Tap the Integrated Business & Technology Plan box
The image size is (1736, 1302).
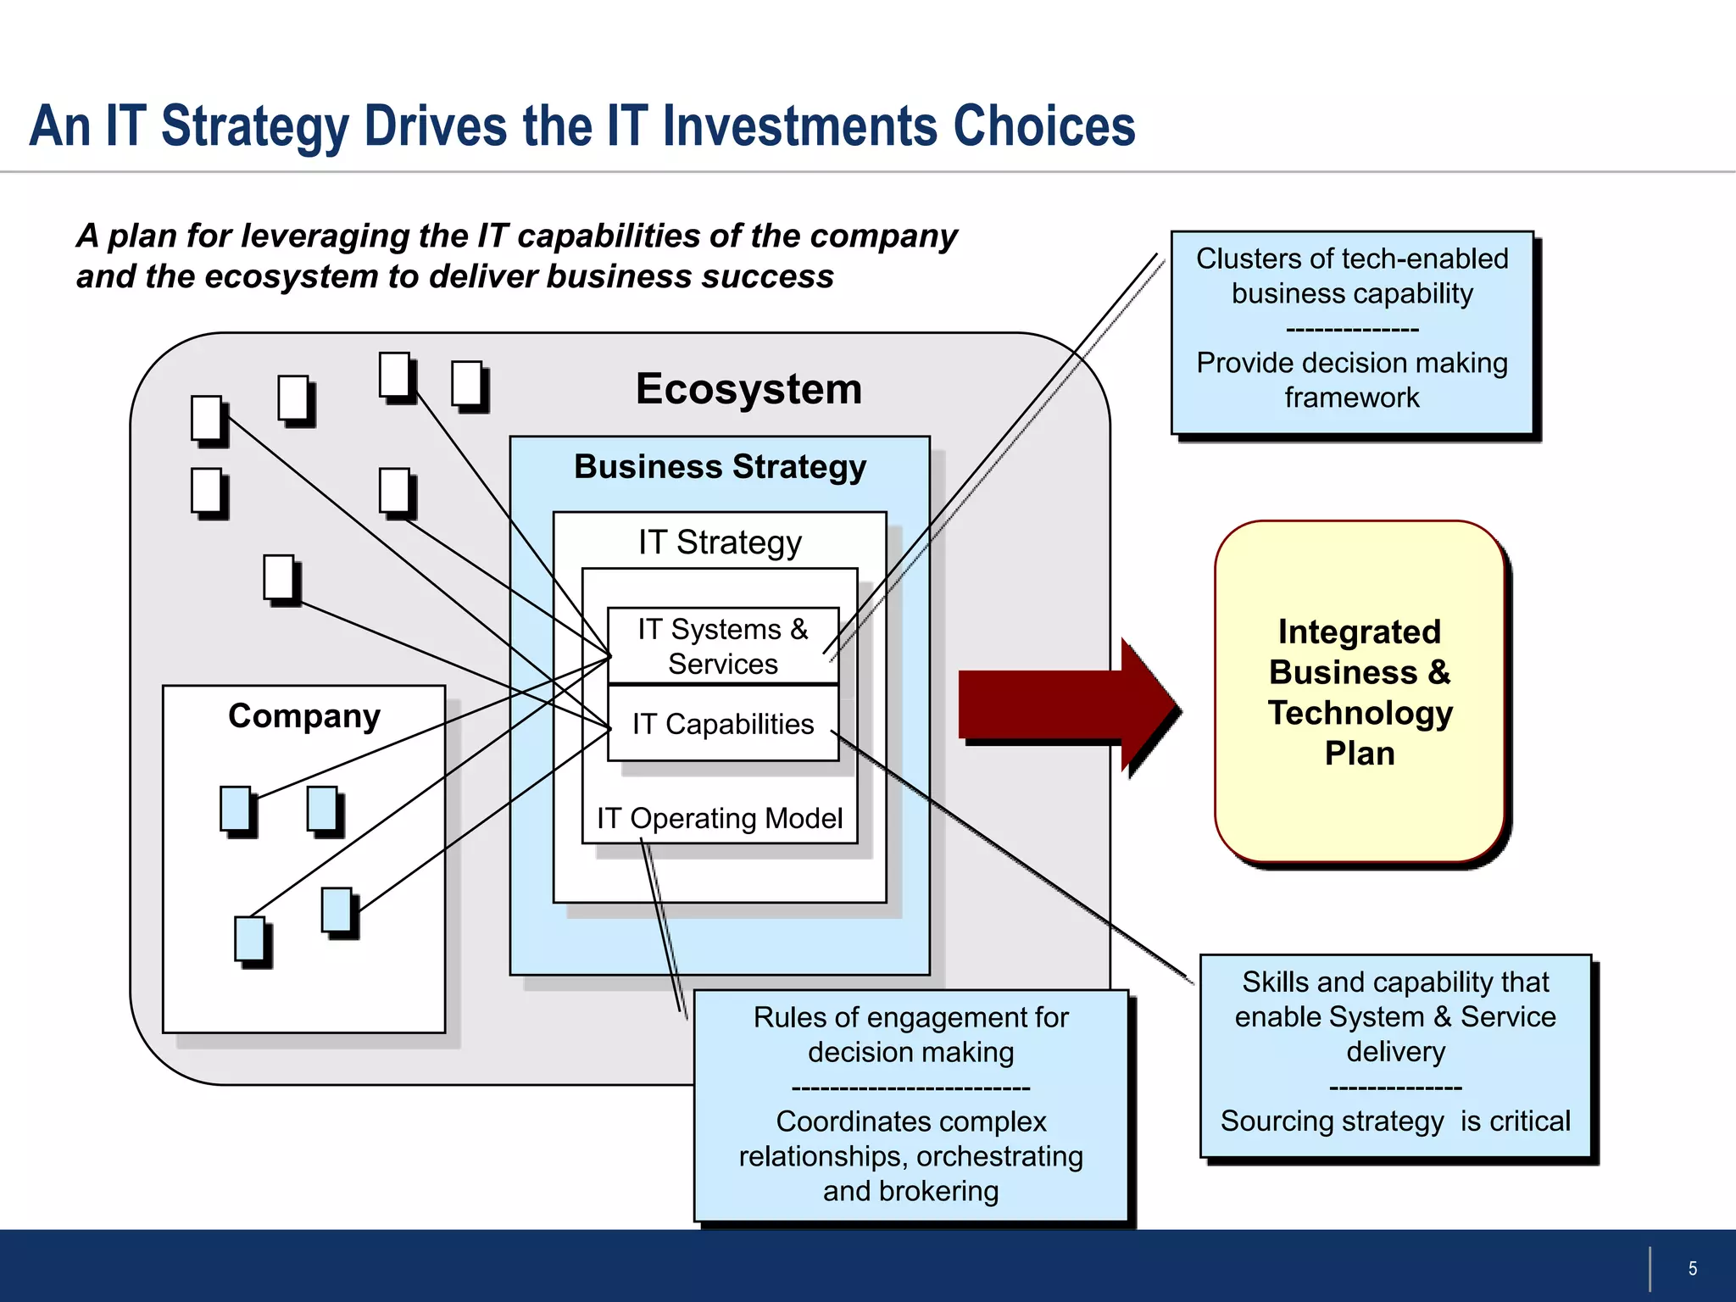point(1359,692)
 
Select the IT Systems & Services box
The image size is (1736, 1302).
point(723,646)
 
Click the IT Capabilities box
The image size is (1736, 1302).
point(723,724)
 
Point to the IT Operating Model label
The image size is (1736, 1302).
point(719,818)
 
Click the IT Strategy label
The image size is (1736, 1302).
point(720,542)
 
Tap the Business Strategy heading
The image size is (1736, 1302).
point(720,467)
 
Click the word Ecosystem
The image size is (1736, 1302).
point(748,389)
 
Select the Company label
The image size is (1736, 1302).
point(304,716)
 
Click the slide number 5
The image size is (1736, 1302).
point(1692,1268)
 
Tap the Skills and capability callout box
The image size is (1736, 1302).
point(1395,1054)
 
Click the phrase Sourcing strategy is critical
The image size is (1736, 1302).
point(1395,1121)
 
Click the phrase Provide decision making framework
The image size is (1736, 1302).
point(1352,380)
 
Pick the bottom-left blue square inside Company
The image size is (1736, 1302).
point(250,939)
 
